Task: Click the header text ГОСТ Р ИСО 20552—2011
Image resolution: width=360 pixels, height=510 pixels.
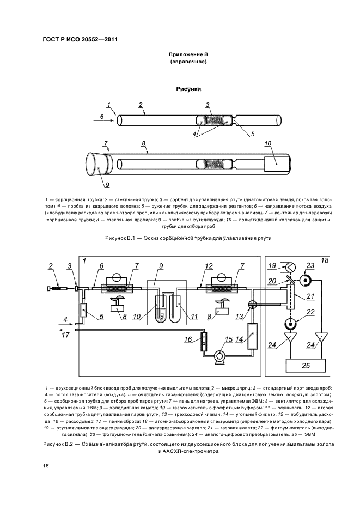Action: click(x=80, y=39)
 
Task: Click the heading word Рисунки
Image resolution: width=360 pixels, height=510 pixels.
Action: click(x=188, y=88)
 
